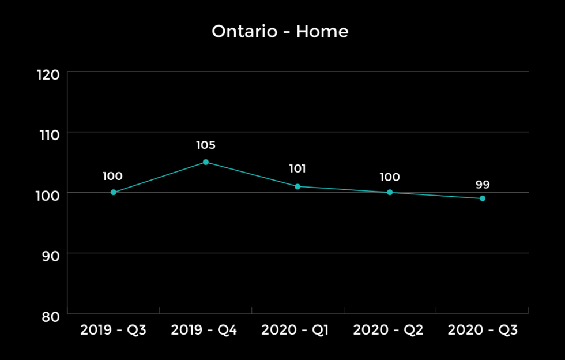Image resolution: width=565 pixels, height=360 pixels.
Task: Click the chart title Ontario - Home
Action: pos(280,31)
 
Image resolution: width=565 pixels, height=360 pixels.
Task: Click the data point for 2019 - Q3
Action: pos(113,192)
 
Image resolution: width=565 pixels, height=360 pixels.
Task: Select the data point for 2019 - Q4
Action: pos(205,162)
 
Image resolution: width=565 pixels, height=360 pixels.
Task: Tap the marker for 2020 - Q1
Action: pos(297,186)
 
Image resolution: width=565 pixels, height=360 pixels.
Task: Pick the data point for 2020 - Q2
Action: pos(390,192)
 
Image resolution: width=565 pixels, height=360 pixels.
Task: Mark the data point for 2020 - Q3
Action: pos(483,198)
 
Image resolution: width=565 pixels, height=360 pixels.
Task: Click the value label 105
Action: pos(205,145)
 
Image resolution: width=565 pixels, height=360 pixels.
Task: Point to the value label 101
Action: pos(297,169)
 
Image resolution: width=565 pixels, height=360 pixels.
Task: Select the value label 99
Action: pos(483,185)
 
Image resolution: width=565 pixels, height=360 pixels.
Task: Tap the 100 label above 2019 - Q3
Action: pos(112,177)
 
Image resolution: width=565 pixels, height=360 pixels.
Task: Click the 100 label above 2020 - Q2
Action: pos(390,177)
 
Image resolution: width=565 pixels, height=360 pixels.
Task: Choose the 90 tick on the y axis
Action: pos(50,256)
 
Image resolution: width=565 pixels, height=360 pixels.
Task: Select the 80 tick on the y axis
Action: pos(50,316)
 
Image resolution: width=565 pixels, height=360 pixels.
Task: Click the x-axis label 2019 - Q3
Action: pos(113,331)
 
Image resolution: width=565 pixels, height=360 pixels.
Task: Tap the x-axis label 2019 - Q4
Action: pos(204,331)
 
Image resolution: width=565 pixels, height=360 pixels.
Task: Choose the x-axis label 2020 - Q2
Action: pos(388,331)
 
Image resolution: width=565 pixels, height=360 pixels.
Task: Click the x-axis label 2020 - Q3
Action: pos(483,331)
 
